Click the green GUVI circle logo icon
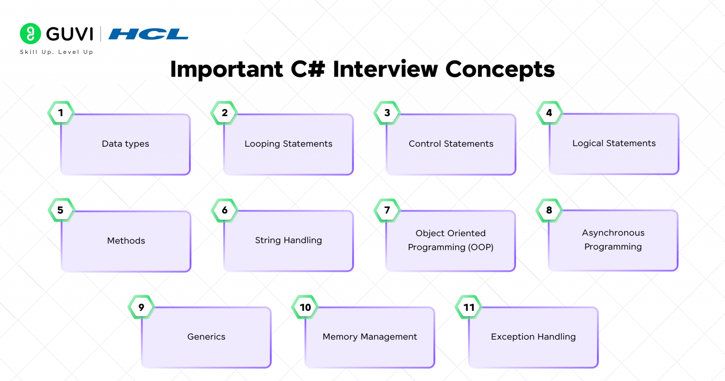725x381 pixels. coord(30,34)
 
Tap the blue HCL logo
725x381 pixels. coord(148,34)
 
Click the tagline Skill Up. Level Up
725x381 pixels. coord(57,52)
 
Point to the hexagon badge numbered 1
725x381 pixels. coord(61,113)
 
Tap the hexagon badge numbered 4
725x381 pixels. coord(549,113)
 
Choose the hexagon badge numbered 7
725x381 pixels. coord(387,210)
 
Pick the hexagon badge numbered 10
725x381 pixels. coord(305,307)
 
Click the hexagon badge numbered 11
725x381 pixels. coord(469,307)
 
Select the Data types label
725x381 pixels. coord(125,144)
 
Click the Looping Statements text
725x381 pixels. coord(288,144)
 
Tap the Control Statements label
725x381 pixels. coord(451,144)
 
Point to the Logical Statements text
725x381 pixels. coord(614,144)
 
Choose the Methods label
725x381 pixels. coord(126,241)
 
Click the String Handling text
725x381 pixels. coord(288,240)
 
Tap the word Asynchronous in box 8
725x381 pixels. coord(613,233)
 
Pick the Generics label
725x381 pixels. coord(206,337)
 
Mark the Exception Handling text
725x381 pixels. coord(533,337)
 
